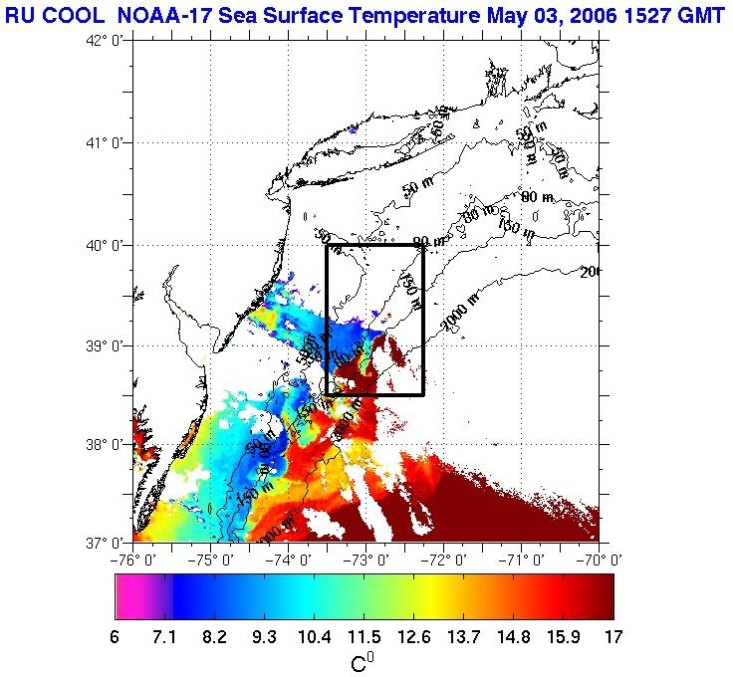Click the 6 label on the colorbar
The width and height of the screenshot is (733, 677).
tap(117, 636)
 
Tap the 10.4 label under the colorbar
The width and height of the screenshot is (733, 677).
tap(315, 636)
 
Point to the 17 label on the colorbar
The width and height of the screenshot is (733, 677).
tap(612, 636)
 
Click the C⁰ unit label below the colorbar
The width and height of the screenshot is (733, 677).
tap(364, 661)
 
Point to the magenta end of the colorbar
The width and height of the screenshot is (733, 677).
tap(129, 597)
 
